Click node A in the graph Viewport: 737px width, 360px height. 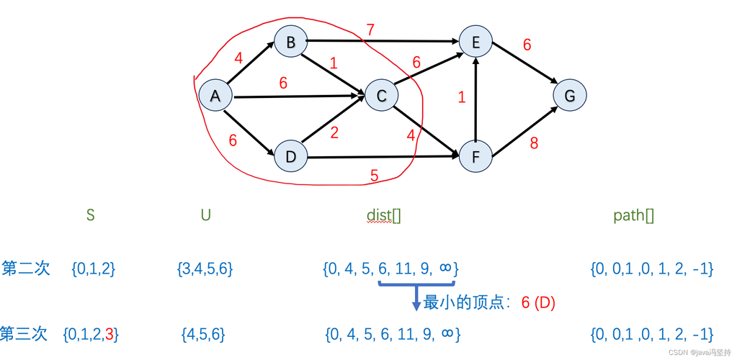click(x=215, y=96)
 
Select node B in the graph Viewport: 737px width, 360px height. click(x=290, y=43)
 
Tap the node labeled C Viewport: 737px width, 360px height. click(x=382, y=96)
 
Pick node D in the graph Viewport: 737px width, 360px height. click(x=290, y=156)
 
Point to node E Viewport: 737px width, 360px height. click(x=476, y=43)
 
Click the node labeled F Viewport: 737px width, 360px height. click(x=476, y=156)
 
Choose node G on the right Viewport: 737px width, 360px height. click(x=570, y=96)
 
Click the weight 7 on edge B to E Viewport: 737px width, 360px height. click(x=370, y=30)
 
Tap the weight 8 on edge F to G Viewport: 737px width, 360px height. click(x=534, y=143)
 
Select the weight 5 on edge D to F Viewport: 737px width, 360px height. click(x=374, y=174)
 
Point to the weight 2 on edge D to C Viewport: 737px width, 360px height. click(x=334, y=132)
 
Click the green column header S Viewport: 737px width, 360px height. click(x=90, y=215)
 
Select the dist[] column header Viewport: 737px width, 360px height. click(x=384, y=215)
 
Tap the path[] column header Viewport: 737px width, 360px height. click(x=633, y=215)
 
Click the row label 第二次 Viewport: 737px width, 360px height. click(x=26, y=269)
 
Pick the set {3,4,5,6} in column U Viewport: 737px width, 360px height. click(x=205, y=269)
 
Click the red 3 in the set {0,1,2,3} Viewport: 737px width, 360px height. click(x=109, y=334)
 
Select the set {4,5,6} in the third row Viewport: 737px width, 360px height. click(x=204, y=334)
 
